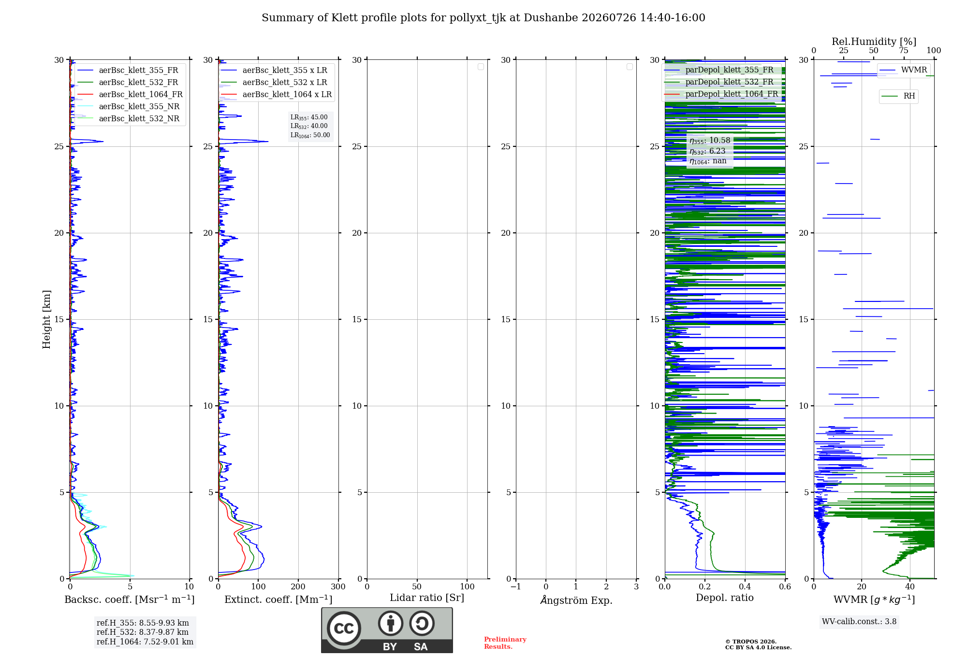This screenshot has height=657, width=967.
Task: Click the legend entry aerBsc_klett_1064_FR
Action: (x=130, y=94)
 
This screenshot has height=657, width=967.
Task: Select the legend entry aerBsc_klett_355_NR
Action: (x=128, y=106)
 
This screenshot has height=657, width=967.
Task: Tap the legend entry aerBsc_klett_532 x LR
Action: (x=274, y=82)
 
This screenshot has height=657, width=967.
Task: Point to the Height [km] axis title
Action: (x=46, y=319)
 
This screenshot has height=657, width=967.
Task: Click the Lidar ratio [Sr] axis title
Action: (x=427, y=598)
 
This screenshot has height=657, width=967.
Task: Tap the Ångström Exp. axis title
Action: (x=576, y=600)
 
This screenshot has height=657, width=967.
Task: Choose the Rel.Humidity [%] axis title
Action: (x=874, y=42)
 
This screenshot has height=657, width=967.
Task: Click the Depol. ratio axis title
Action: (x=725, y=598)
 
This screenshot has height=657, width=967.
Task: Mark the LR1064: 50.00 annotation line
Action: (x=310, y=135)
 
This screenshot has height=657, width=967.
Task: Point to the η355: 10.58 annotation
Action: (x=710, y=141)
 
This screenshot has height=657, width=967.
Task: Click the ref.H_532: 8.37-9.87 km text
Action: (x=143, y=632)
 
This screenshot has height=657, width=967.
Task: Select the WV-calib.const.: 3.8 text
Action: (x=859, y=621)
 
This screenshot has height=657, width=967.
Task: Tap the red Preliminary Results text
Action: (x=505, y=643)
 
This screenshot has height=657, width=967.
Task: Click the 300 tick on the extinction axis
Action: (x=338, y=586)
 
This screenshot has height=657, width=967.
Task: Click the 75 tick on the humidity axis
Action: (x=904, y=50)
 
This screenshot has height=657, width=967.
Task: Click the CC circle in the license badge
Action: (x=344, y=628)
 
